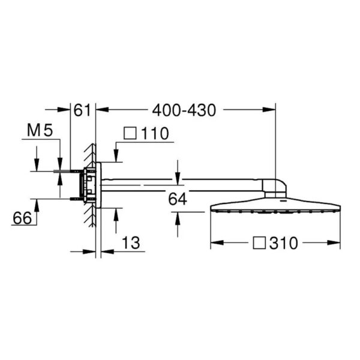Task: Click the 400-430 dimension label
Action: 184,110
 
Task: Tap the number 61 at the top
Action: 82,110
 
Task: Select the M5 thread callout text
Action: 40,130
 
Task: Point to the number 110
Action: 155,133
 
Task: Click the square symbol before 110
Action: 130,133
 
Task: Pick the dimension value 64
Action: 177,199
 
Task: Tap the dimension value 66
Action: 22,218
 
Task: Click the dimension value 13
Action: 131,243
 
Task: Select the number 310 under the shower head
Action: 284,243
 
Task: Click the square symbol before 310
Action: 259,243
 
